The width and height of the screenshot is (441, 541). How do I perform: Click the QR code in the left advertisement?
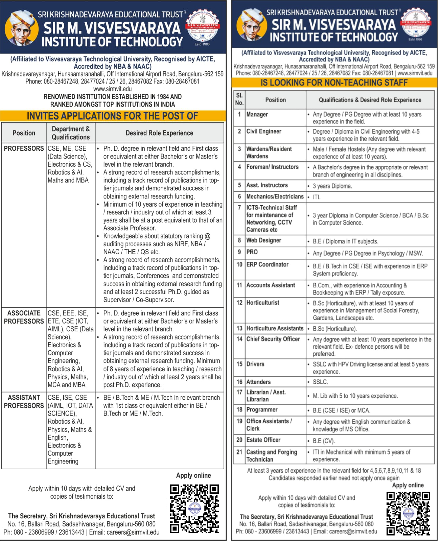pyautogui.click(x=194, y=509)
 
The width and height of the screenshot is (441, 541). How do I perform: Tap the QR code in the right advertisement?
pyautogui.click(x=408, y=514)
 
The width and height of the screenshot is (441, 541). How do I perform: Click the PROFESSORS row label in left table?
pyautogui.click(x=24, y=148)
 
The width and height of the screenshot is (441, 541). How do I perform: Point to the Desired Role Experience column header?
pyautogui.click(x=159, y=133)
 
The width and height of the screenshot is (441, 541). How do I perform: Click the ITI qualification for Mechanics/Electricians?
pyautogui.click(x=317, y=197)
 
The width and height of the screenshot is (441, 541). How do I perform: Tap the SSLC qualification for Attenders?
pyautogui.click(x=320, y=382)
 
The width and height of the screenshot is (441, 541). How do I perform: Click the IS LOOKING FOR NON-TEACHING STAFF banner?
pyautogui.click(x=334, y=83)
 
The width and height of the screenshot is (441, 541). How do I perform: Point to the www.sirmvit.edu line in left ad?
pyautogui.click(x=113, y=89)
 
